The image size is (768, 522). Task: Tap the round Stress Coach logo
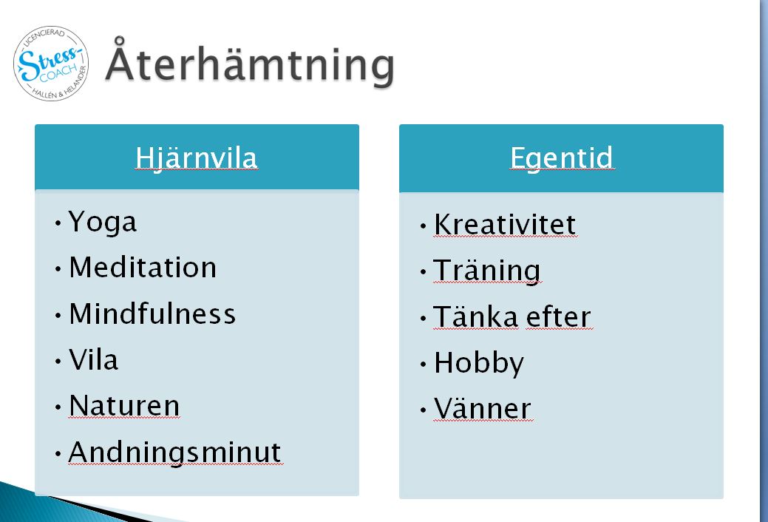51,64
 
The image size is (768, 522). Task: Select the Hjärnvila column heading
197,158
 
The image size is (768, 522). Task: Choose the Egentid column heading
561,158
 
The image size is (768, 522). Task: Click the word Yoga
102,223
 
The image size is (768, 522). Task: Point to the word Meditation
143,268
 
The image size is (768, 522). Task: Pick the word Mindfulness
152,313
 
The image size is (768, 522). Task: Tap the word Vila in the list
94,360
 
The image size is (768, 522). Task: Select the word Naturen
124,406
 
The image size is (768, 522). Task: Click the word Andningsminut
175,453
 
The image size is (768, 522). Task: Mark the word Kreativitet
505,225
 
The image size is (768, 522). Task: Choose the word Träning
487,271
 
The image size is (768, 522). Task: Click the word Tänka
475,316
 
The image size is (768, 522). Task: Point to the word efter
558,316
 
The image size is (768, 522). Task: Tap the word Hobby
479,364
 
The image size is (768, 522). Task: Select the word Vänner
483,409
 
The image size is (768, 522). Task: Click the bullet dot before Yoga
58,223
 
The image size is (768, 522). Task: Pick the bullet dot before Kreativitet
424,226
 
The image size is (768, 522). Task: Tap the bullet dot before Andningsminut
58,453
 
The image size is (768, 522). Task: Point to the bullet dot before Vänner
424,410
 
